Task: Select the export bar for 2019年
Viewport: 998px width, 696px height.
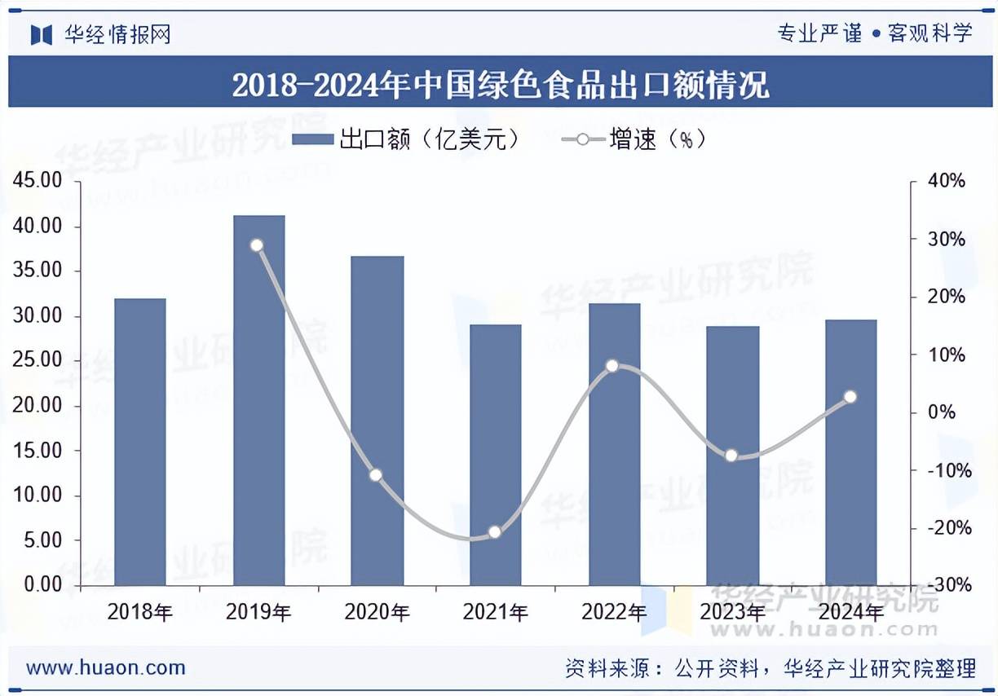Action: [258, 399]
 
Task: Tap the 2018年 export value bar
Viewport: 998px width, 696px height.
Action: [140, 441]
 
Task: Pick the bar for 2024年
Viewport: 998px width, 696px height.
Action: [850, 452]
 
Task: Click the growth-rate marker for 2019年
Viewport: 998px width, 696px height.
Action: [257, 245]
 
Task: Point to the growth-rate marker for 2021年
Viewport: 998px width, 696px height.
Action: [494, 532]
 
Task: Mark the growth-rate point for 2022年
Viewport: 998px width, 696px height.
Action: [612, 366]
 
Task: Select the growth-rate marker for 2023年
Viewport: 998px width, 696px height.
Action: [731, 455]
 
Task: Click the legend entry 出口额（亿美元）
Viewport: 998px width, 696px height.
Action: [406, 139]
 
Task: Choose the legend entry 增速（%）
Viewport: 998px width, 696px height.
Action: [634, 139]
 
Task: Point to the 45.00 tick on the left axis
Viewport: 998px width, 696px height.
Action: [39, 181]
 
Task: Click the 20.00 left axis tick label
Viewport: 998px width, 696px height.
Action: [39, 405]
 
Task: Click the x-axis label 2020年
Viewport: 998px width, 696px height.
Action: [377, 611]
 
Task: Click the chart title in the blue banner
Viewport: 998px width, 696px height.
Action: [500, 84]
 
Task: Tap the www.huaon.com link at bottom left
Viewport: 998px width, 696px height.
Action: [106, 668]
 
